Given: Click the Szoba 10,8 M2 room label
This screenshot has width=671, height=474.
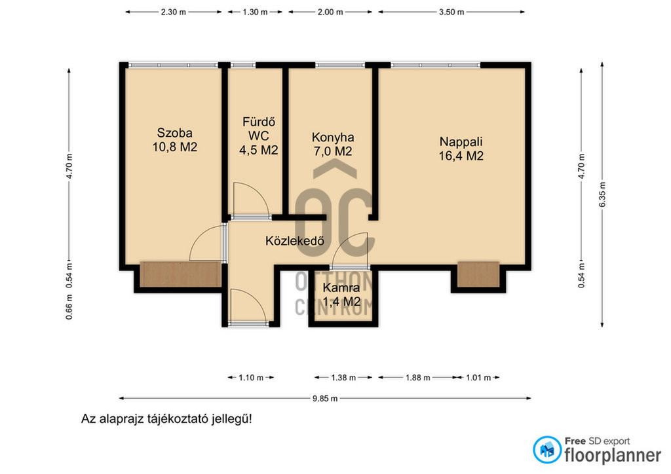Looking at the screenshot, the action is pos(174,139).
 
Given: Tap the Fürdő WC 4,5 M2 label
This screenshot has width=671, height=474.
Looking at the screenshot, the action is pos(258,136).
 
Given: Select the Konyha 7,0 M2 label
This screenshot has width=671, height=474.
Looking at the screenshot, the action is pos(332,144).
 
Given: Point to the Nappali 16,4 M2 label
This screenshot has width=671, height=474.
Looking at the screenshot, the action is pos(461,149).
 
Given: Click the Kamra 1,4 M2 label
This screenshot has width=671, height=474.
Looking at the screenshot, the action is pos(341,295).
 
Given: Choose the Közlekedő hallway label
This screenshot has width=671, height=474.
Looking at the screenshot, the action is pos(294,241).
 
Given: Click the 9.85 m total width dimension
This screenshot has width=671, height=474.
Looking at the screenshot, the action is pos(325,398).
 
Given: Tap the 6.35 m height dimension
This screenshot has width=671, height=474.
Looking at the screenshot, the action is pos(602,195).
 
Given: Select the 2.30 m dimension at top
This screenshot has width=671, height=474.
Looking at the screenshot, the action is pos(173,12).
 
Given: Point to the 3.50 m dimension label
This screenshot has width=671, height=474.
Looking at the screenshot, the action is pos(451,12).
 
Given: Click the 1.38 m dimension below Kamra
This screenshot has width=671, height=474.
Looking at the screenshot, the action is pos(343,377).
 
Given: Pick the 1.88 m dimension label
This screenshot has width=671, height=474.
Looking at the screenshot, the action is pos(417,377).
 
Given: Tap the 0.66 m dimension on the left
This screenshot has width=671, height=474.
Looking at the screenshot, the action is pos(69,307).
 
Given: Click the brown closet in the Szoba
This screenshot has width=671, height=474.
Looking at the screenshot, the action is pos(181,274).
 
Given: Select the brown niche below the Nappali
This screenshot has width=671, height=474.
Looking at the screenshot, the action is pos(478,274).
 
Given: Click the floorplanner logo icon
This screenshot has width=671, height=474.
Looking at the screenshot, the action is pos(547,450).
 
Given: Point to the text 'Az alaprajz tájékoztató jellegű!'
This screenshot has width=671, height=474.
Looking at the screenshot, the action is pos(166,419).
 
